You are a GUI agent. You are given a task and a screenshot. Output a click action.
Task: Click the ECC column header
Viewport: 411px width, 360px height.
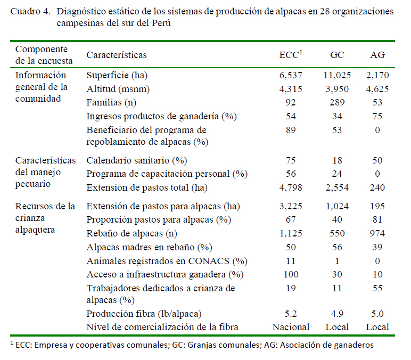pyautogui.click(x=291, y=54)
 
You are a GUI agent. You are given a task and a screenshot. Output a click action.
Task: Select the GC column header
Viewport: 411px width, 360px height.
pyautogui.click(x=337, y=55)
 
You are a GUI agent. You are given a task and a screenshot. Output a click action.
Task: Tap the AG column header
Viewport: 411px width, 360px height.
pyautogui.click(x=377, y=55)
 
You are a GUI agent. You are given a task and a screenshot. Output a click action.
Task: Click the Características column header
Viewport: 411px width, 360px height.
pyautogui.click(x=117, y=55)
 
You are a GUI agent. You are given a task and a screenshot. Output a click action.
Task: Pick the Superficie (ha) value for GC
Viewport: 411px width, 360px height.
pyautogui.click(x=337, y=75)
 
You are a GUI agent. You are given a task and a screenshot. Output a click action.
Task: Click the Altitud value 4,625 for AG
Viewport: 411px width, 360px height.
pyautogui.click(x=377, y=89)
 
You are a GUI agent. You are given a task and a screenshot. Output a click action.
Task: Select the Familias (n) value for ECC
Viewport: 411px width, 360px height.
pyautogui.click(x=291, y=102)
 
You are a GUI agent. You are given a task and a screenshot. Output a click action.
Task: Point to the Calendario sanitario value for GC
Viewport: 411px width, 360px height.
pyautogui.click(x=337, y=160)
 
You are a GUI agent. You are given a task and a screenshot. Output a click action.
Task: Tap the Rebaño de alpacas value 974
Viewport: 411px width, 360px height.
pyautogui.click(x=377, y=233)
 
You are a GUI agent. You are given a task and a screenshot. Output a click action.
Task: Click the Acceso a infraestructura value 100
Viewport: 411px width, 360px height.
pyautogui.click(x=291, y=274)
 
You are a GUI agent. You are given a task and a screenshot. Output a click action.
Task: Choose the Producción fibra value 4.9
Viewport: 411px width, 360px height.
pyautogui.click(x=337, y=314)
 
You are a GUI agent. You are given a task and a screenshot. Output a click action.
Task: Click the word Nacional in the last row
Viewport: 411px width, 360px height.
pyautogui.click(x=291, y=327)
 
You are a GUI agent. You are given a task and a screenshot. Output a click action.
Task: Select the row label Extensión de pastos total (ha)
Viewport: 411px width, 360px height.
pyautogui.click(x=147, y=187)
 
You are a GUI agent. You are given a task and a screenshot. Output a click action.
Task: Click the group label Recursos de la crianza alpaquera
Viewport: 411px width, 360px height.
pyautogui.click(x=45, y=218)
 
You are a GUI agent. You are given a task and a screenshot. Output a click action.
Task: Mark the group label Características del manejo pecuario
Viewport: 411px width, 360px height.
pyautogui.click(x=45, y=172)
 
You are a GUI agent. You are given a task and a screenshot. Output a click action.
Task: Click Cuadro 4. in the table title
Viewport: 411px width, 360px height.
pyautogui.click(x=30, y=12)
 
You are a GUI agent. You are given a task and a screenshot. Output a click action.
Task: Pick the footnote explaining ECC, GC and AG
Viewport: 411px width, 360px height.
pyautogui.click(x=192, y=345)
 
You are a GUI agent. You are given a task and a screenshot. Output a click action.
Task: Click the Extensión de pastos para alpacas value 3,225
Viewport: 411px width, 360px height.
pyautogui.click(x=291, y=206)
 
